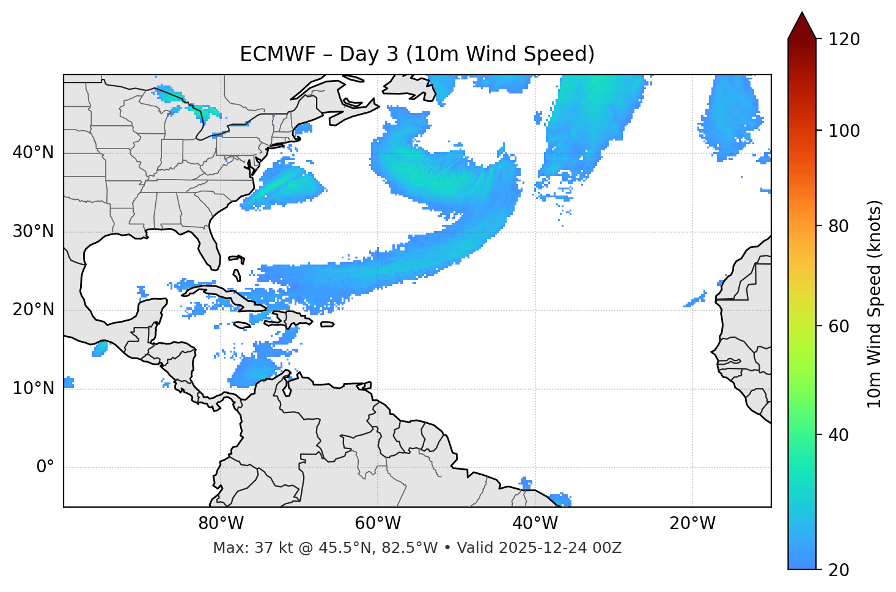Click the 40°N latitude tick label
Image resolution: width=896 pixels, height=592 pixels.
(33, 153)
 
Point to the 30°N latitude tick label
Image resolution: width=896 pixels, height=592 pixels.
(33, 232)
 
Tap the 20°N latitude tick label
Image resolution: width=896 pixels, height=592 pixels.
(33, 310)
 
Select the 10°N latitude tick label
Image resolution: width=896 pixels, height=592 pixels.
(33, 389)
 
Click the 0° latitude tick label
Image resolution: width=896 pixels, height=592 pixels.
(45, 467)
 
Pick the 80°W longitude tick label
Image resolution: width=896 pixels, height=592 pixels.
(221, 524)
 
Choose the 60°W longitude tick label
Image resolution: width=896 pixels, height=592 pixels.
(378, 524)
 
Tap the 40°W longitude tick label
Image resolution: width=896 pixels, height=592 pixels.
(535, 524)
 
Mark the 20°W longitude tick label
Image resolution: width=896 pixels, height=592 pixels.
(692, 524)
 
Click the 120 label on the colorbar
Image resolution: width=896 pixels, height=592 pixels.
(843, 40)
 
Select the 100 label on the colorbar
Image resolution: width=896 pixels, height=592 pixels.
(843, 131)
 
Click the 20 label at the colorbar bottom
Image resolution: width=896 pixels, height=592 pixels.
(839, 570)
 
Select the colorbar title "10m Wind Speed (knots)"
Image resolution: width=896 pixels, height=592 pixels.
(875, 304)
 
